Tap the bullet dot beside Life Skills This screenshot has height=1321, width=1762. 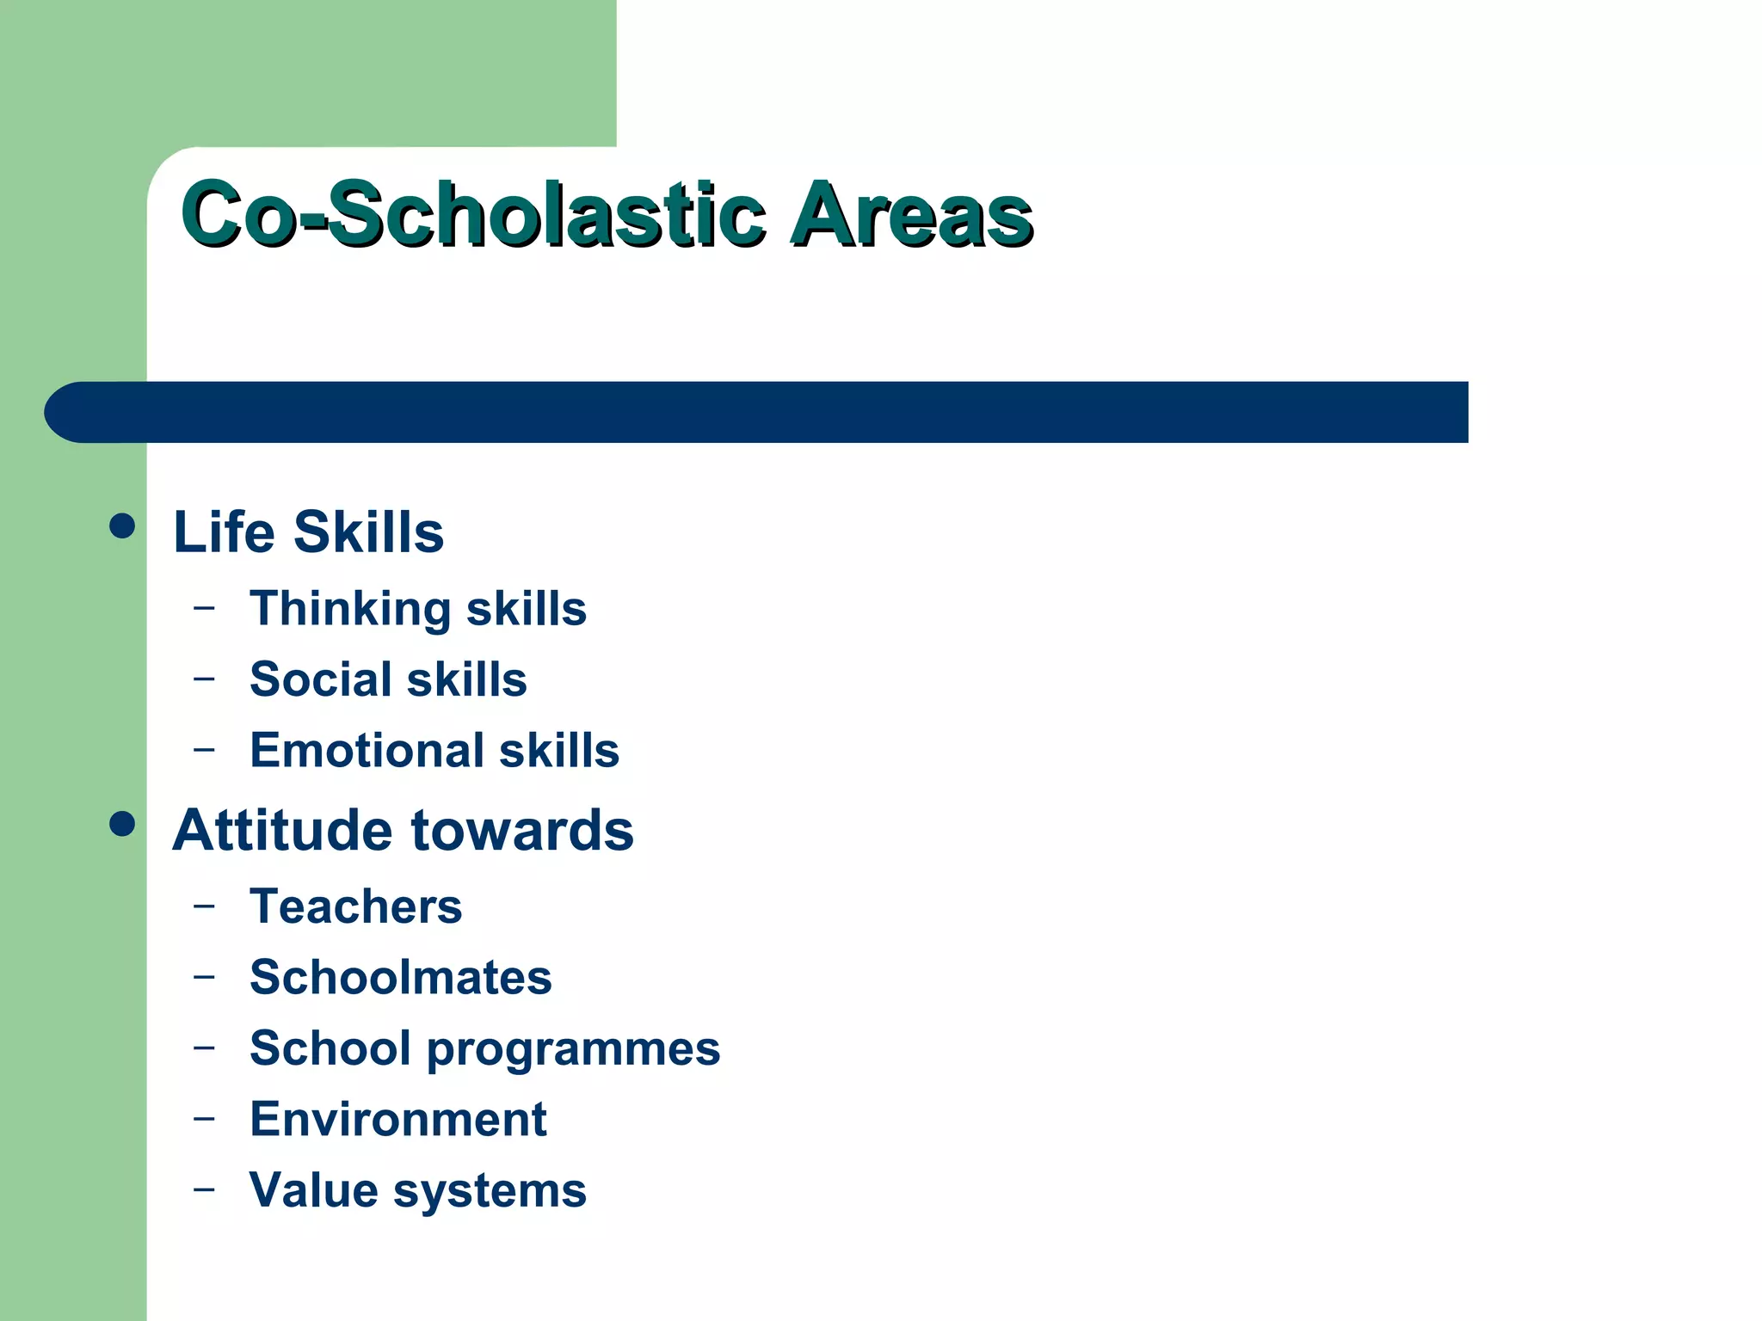click(x=123, y=525)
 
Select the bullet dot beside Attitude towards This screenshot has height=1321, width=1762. click(x=123, y=824)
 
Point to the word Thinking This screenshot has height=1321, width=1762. click(x=349, y=610)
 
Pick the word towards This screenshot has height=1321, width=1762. click(x=522, y=831)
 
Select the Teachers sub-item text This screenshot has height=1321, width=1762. click(x=355, y=906)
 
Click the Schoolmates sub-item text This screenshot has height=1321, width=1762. click(x=400, y=978)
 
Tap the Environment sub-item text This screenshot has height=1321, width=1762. click(x=397, y=1120)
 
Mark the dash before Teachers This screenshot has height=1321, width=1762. click(x=204, y=906)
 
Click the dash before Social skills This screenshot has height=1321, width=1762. click(x=204, y=679)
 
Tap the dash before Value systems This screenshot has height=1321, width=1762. click(x=204, y=1189)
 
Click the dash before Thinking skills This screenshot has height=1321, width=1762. click(x=204, y=608)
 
